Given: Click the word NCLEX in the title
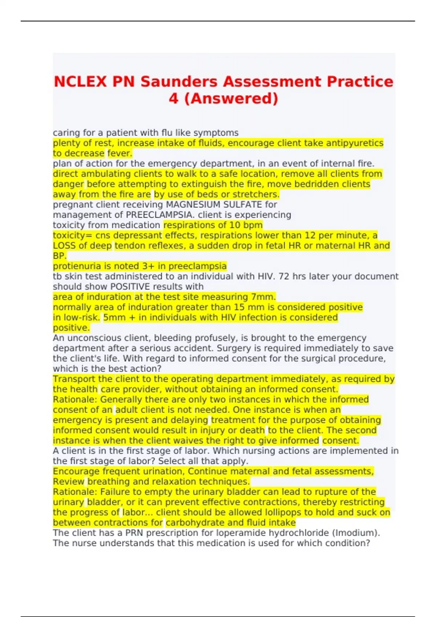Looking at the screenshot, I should [80, 82].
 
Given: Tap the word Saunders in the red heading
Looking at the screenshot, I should [179, 82].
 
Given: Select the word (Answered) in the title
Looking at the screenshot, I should [231, 98].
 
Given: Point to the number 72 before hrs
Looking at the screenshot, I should [284, 277].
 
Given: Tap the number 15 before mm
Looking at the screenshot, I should [239, 307].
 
